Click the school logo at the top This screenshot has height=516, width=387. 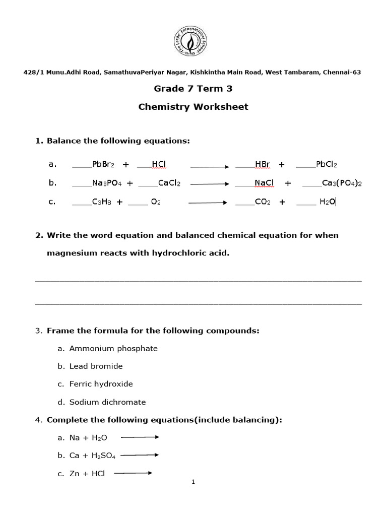coord(193,42)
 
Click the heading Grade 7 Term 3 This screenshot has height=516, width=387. coord(193,89)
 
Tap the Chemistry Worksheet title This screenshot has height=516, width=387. coord(193,107)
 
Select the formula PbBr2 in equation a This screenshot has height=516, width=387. coord(103,164)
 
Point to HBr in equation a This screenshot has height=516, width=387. coord(263,164)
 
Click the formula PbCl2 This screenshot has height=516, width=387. coord(327,164)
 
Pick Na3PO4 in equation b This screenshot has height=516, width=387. coord(107,183)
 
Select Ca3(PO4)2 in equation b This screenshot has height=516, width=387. coord(342,183)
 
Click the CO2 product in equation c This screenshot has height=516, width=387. coord(263,202)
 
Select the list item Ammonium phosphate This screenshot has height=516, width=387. coord(113,348)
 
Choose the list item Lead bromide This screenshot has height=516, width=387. coord(96,366)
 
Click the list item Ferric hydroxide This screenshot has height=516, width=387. coord(101,384)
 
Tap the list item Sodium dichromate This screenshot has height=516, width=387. coord(107,402)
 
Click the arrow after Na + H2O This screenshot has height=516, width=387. coord(140,437)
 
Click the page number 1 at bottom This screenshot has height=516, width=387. coord(193,482)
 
